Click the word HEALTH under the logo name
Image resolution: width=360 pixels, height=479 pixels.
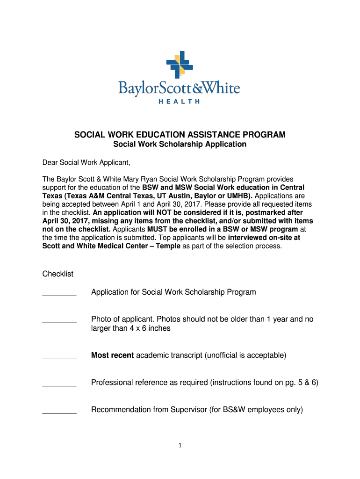[x=179, y=101]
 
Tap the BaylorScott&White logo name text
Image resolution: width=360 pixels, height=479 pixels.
[x=179, y=88]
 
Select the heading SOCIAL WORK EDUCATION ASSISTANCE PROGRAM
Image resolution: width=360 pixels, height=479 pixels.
[x=180, y=135]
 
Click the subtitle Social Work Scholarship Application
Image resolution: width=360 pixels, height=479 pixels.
[x=180, y=145]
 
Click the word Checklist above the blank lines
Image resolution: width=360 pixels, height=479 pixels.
[x=58, y=274]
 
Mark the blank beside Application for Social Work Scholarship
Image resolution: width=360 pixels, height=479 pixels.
[x=59, y=294]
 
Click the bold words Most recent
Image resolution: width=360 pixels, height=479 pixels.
[x=112, y=356]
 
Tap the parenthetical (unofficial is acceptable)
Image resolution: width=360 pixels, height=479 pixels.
[x=245, y=356]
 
